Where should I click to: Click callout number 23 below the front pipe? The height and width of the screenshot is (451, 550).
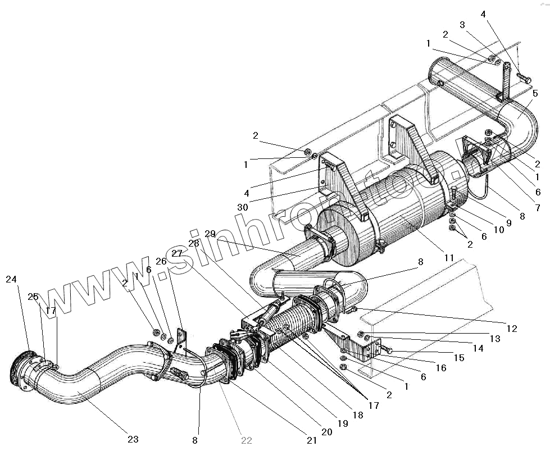point(133,439)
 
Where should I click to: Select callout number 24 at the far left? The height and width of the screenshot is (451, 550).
point(12,279)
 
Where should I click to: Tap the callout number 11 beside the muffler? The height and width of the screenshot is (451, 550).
point(448,258)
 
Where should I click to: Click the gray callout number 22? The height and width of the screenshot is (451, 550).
point(246,440)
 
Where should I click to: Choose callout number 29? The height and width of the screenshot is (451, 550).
point(210,234)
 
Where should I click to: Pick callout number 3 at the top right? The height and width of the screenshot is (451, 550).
point(462,25)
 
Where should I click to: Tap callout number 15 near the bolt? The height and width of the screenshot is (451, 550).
point(459,358)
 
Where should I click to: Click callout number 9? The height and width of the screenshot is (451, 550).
point(509,223)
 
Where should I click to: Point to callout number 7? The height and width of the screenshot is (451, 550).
point(537,208)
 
